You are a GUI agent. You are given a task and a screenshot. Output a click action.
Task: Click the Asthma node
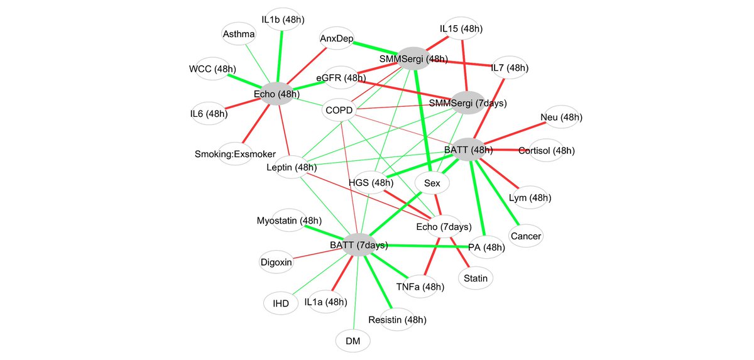coord(239,34)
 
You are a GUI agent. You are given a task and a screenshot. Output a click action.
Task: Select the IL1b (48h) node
coord(283,19)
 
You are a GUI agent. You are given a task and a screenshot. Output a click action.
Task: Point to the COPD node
coord(341,111)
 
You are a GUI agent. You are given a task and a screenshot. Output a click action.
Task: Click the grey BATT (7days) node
coord(359,245)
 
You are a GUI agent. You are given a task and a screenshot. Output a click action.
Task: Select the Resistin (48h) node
coord(397,320)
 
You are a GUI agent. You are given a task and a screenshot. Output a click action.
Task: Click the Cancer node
coord(526,236)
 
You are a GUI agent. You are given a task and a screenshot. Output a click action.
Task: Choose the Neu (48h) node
coord(561,117)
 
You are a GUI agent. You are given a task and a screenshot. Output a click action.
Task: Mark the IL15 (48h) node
coord(461,29)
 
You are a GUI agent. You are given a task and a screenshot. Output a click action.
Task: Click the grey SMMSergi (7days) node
coord(467,102)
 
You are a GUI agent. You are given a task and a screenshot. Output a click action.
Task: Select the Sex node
coord(432,183)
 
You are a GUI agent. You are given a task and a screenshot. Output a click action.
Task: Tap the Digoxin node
coord(276,262)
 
